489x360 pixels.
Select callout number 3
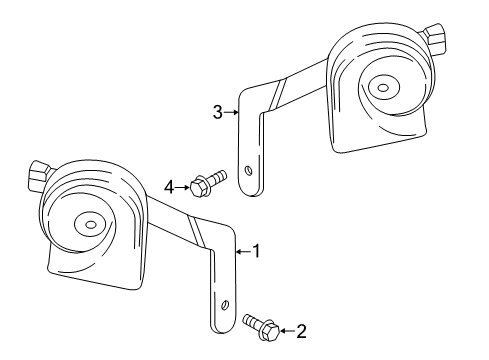[x=217, y=113]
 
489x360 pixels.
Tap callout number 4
[x=170, y=185]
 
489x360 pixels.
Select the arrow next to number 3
[x=232, y=113]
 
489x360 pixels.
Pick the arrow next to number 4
[x=183, y=185]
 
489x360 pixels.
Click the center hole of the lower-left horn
[x=84, y=225]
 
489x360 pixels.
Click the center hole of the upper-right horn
[x=382, y=87]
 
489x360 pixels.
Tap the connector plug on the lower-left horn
[x=39, y=172]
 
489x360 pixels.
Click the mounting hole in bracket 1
[x=227, y=306]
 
